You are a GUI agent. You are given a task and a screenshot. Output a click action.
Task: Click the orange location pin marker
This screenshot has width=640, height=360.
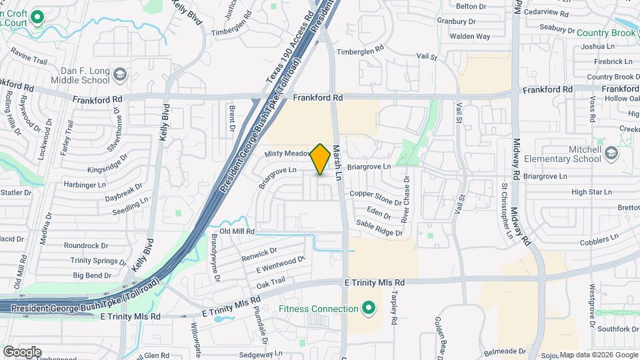[x=321, y=159]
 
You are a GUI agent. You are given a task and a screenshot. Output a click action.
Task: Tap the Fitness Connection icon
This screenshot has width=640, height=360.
[x=367, y=309]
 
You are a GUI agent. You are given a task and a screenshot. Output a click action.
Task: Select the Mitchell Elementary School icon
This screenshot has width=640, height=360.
[x=611, y=155]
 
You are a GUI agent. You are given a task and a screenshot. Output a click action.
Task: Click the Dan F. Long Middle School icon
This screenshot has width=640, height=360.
[x=120, y=73]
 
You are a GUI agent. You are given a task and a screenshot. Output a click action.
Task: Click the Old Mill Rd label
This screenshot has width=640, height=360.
[x=233, y=231]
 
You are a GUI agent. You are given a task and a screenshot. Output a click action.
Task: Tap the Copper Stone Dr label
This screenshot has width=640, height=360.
[x=376, y=198]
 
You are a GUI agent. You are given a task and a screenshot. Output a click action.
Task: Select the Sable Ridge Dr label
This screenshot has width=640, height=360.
[x=379, y=228]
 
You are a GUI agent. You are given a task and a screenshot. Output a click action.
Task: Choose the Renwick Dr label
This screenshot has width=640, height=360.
[x=259, y=254]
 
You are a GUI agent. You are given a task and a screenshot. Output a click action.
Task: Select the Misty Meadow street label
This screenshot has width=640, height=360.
[x=288, y=153]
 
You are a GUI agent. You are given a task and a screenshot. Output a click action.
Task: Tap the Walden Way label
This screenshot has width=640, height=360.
[x=469, y=36]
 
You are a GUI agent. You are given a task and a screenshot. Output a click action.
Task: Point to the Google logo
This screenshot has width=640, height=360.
[x=22, y=351]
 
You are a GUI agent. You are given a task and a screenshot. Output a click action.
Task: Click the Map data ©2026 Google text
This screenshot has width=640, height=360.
[x=598, y=355]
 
